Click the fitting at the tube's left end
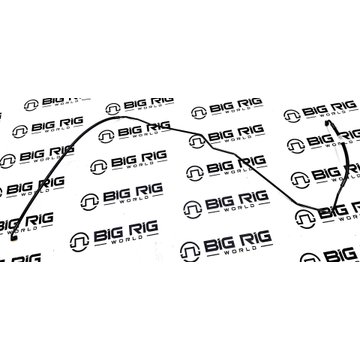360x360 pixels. [13, 237]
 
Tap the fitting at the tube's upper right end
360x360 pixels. [327, 123]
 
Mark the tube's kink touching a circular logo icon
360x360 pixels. [202, 136]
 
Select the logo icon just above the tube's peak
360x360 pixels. [113, 109]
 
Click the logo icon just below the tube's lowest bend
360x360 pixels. [305, 219]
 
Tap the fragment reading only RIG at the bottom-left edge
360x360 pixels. [26, 258]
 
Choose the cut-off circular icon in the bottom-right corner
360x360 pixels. [310, 258]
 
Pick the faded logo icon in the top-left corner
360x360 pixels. [31, 105]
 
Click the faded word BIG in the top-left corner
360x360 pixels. [51, 102]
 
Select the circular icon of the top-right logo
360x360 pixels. [292, 116]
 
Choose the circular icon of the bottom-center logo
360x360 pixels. [190, 251]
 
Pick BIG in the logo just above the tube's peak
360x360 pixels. [135, 105]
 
